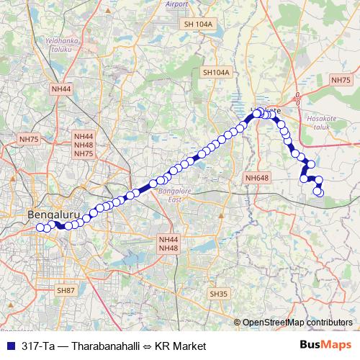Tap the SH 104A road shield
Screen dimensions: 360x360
199,24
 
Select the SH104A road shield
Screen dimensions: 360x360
215,73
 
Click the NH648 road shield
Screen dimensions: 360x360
256,178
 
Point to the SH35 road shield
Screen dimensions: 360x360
218,294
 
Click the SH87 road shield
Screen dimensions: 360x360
66,289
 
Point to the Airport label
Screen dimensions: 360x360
176,4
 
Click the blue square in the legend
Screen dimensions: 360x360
10,346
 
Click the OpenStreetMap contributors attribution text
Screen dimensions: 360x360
297,323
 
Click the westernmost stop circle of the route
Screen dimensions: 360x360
40,228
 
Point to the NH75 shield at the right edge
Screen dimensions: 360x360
341,81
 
